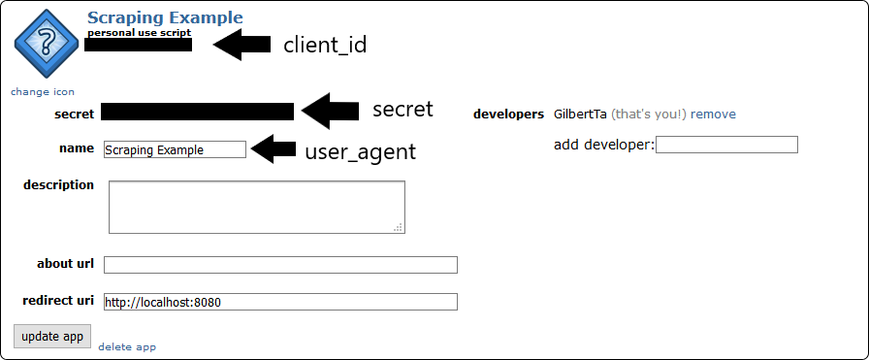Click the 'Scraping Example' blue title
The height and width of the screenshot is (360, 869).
pyautogui.click(x=165, y=17)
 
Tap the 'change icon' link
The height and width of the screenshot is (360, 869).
pyautogui.click(x=43, y=91)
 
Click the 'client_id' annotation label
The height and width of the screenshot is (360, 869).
pyautogui.click(x=325, y=45)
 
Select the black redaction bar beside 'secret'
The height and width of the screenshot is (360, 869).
pyautogui.click(x=197, y=112)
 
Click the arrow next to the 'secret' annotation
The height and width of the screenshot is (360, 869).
pyautogui.click(x=330, y=111)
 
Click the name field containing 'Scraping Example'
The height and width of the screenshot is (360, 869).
pyautogui.click(x=175, y=149)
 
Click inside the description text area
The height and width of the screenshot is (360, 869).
pyautogui.click(x=256, y=207)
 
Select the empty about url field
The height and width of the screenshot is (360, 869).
pyautogui.click(x=280, y=265)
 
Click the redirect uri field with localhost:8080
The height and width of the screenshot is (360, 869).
pyautogui.click(x=280, y=302)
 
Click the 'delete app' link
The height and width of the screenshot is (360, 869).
pyautogui.click(x=127, y=346)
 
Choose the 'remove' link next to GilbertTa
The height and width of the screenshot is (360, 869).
pyautogui.click(x=713, y=114)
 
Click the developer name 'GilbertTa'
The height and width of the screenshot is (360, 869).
pyautogui.click(x=580, y=114)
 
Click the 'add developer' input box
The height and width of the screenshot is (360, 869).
pyautogui.click(x=727, y=145)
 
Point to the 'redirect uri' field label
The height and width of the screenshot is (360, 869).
pyautogui.click(x=58, y=301)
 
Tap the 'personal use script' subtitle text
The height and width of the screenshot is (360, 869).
pyautogui.click(x=139, y=32)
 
